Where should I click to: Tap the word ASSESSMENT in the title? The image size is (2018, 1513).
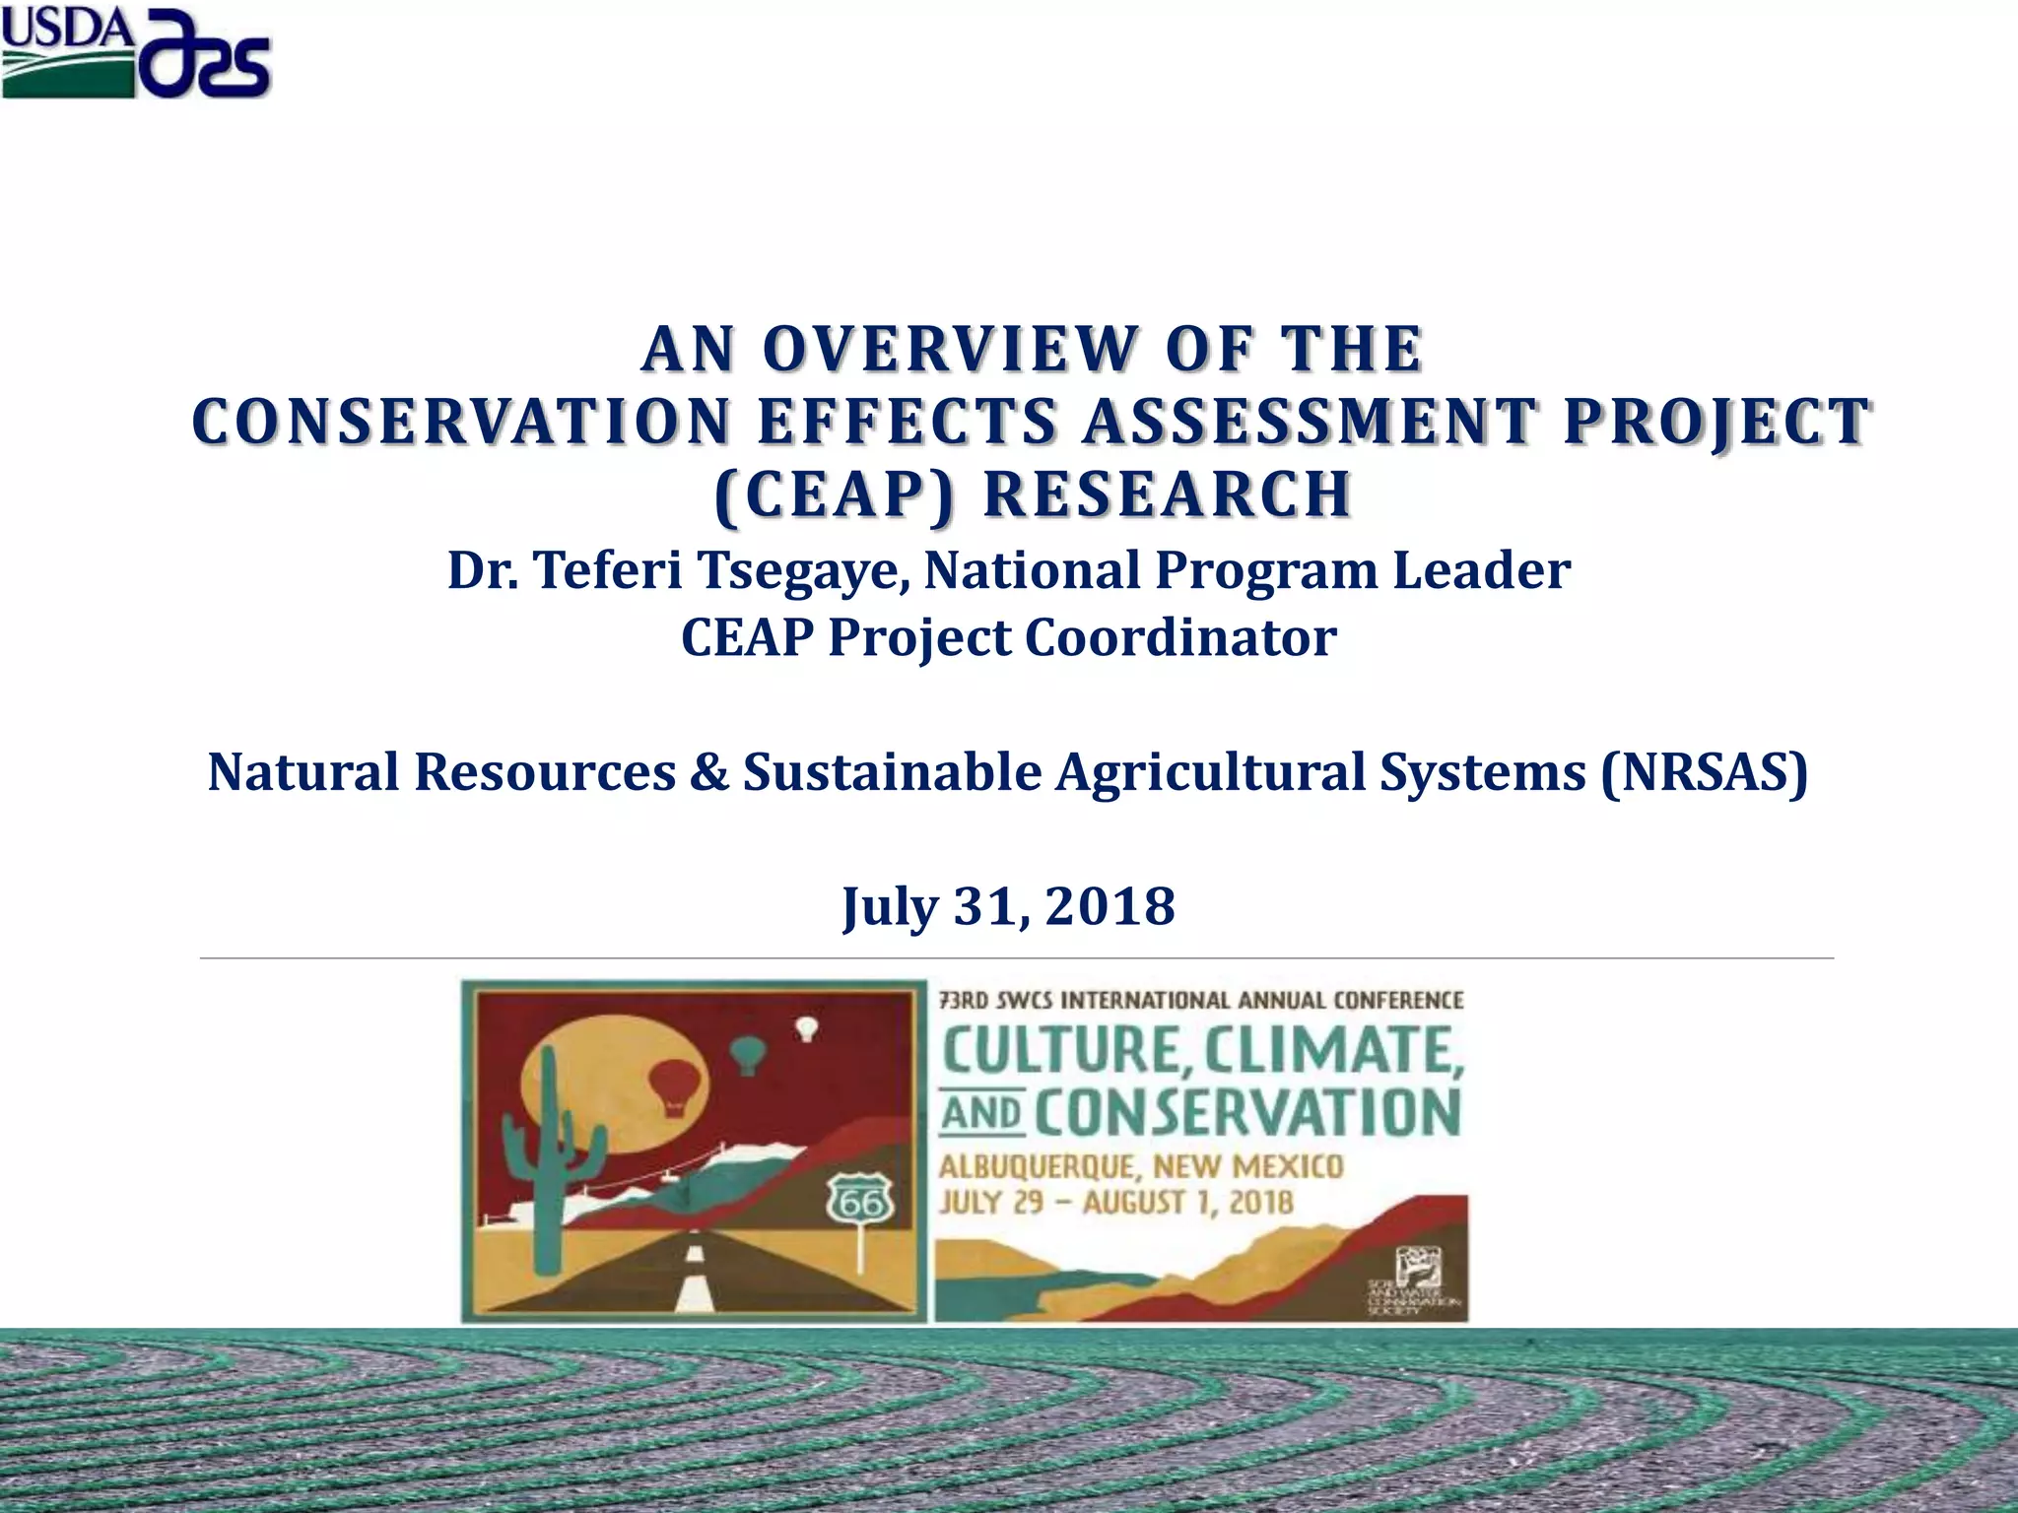pyautogui.click(x=1310, y=421)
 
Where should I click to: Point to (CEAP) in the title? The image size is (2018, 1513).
pyautogui.click(x=834, y=493)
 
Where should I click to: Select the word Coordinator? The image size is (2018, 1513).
pyautogui.click(x=1180, y=637)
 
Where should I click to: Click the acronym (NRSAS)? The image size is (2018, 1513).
pyautogui.click(x=1705, y=771)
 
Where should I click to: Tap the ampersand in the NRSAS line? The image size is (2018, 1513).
pyautogui.click(x=708, y=771)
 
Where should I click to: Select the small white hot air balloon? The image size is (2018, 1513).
pyautogui.click(x=807, y=1028)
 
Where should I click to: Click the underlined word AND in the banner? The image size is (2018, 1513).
pyautogui.click(x=981, y=1113)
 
